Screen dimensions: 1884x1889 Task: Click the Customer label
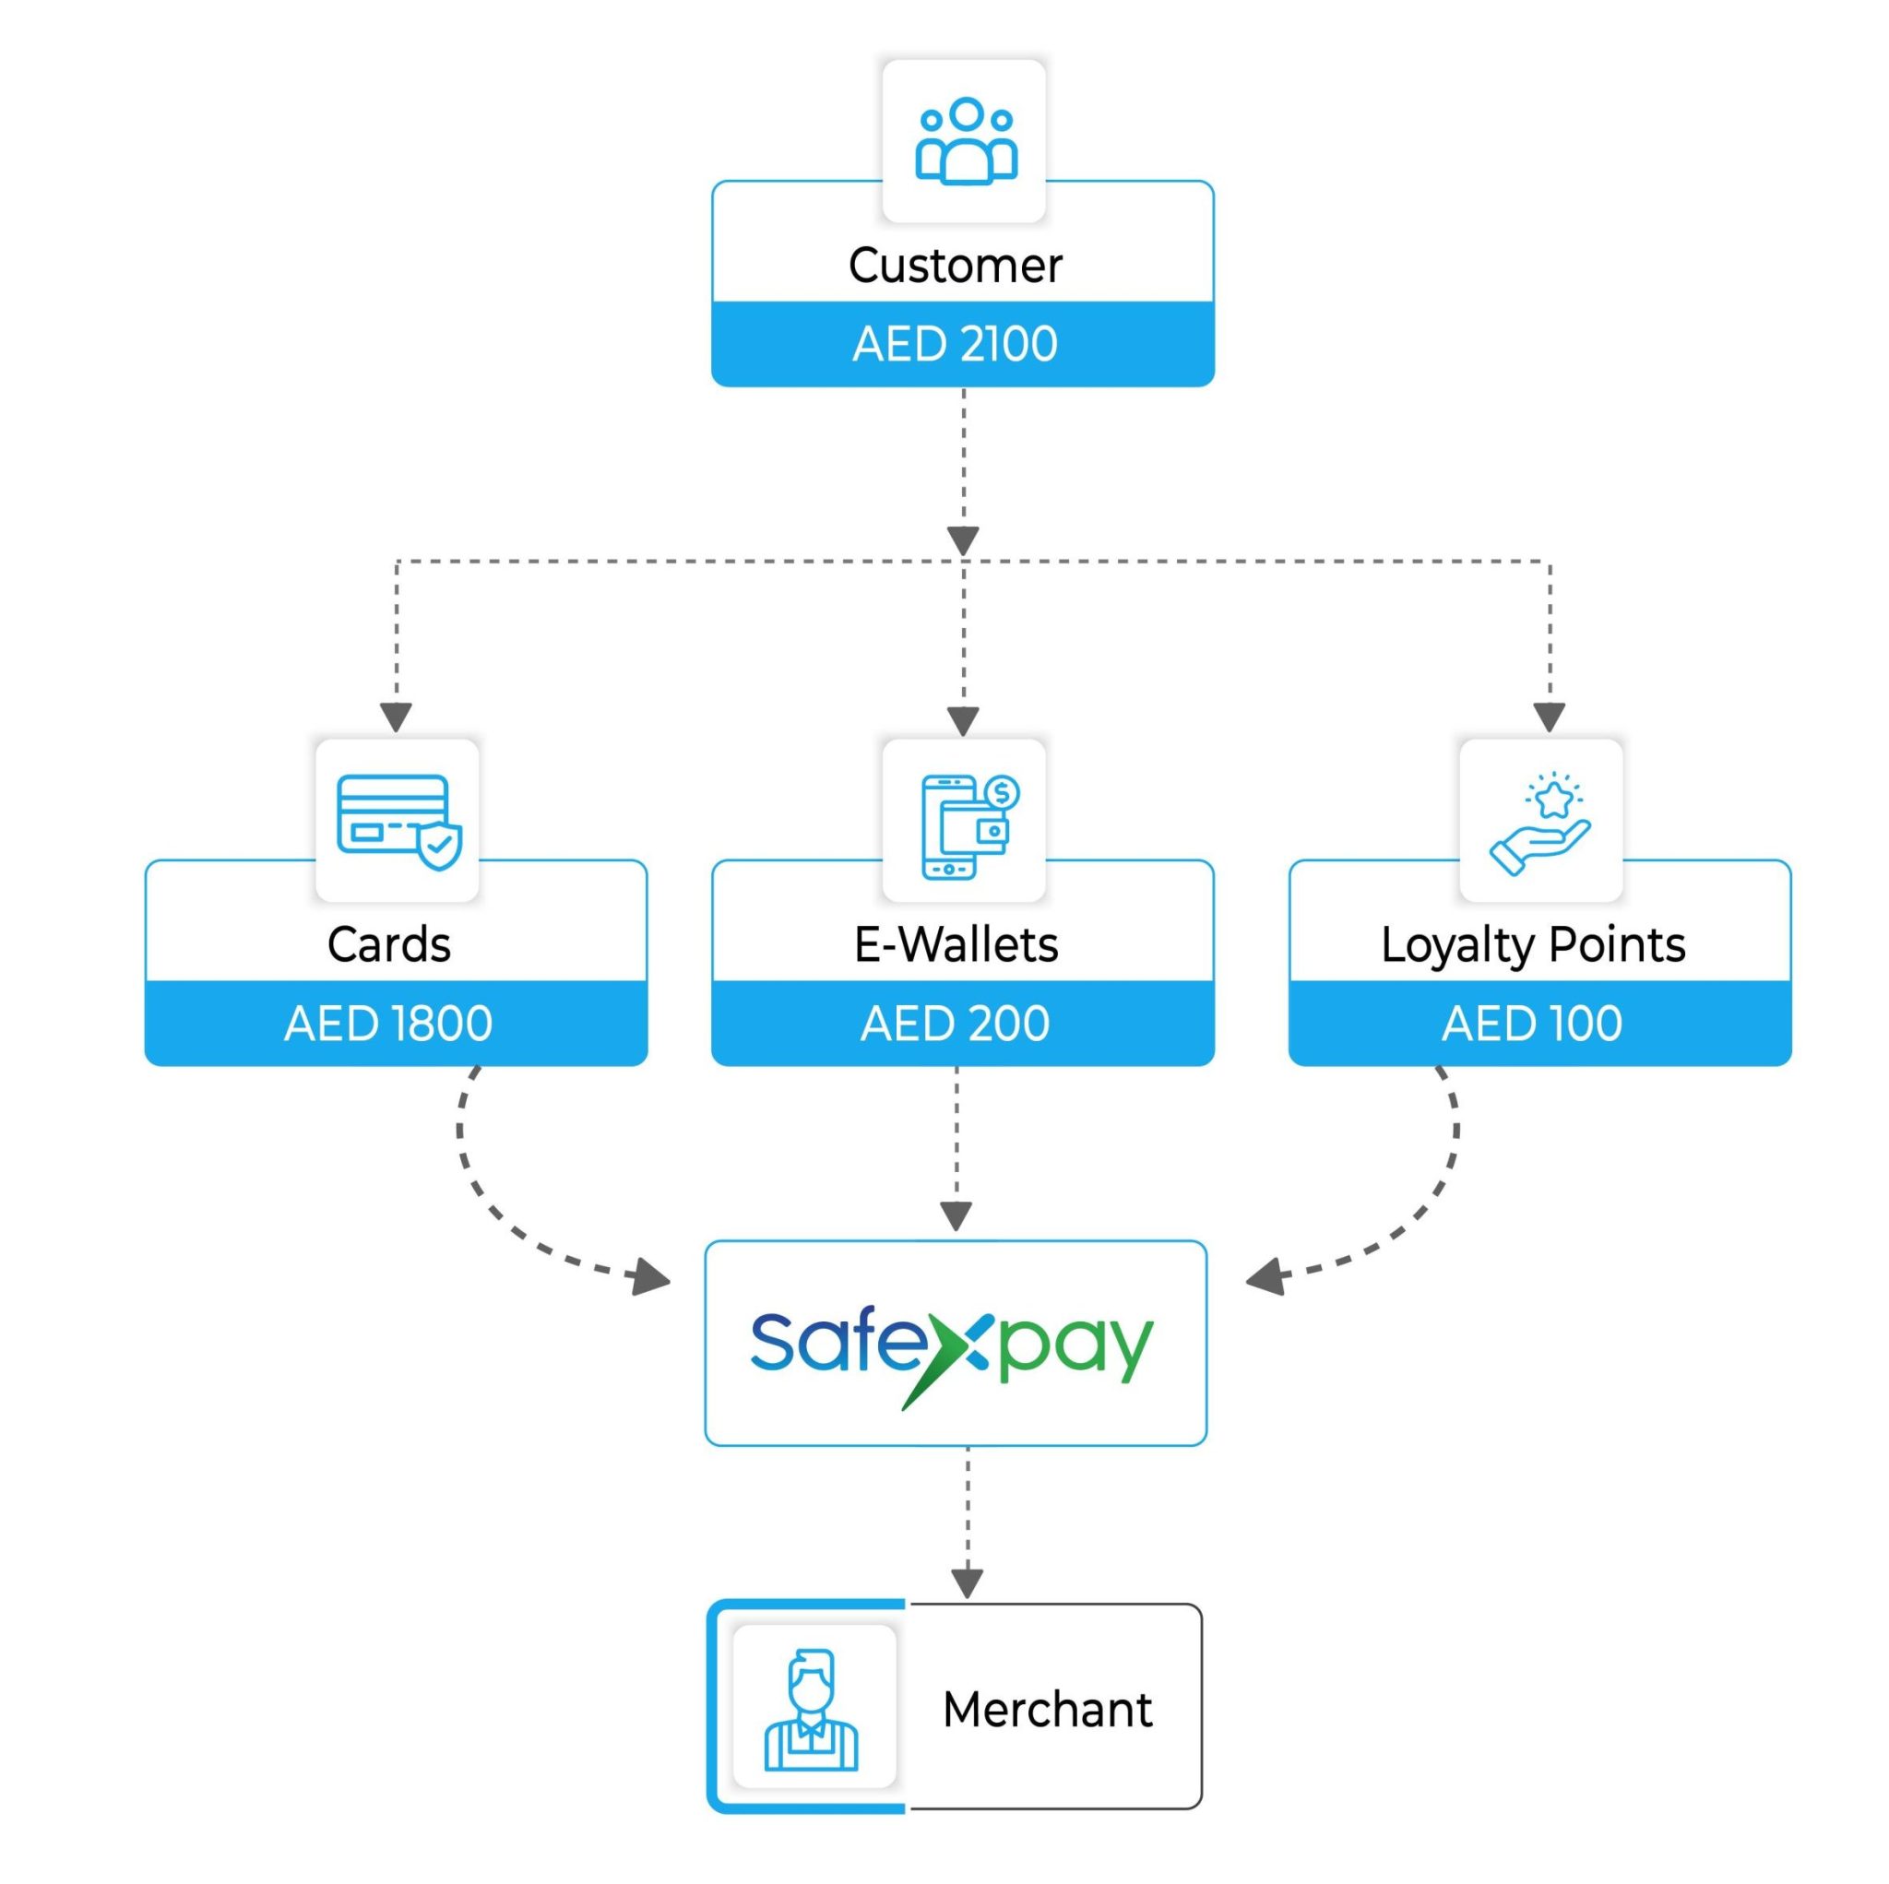955,265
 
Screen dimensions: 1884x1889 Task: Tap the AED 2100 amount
955,344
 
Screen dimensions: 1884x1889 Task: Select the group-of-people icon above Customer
964,142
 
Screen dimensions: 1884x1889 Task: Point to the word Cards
389,944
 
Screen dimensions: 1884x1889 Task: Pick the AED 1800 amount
389,1024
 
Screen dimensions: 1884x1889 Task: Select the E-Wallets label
956,944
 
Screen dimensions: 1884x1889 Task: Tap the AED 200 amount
956,1024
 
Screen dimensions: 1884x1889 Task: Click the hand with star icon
1540,823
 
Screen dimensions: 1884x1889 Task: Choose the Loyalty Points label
1532,944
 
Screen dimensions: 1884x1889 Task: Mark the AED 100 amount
1532,1024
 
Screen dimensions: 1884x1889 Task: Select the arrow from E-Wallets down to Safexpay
956,1143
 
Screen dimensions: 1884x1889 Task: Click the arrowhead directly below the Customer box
963,540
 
